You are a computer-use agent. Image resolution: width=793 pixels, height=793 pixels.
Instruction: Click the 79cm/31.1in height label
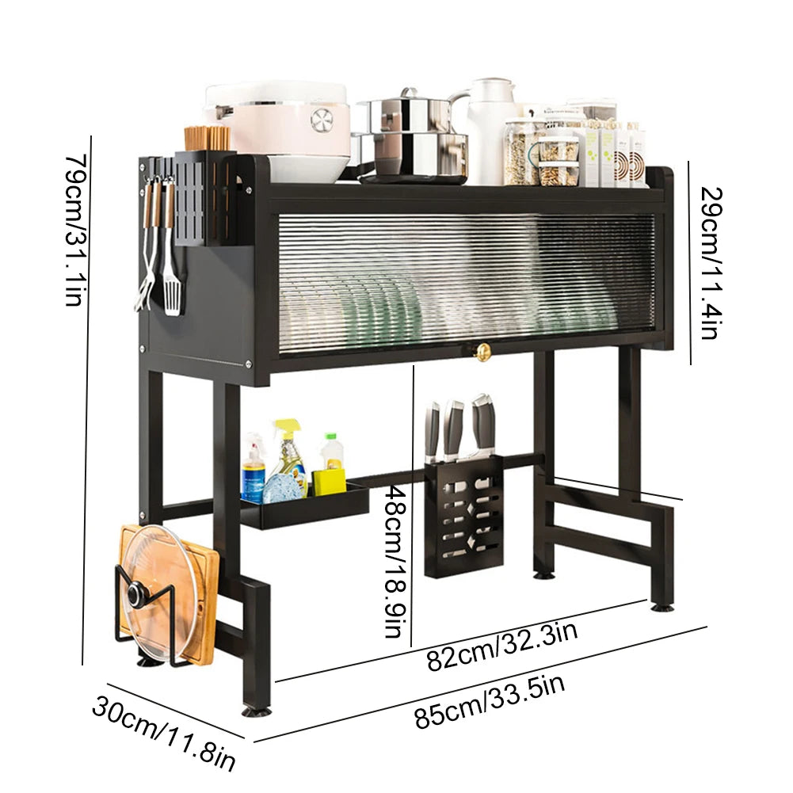tap(74, 230)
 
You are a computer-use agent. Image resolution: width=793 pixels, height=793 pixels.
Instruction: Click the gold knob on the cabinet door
tap(482, 353)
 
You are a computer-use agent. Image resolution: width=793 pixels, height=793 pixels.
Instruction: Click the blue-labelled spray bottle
tap(254, 471)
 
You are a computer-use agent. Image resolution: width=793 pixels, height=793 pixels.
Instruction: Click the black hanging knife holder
tap(463, 515)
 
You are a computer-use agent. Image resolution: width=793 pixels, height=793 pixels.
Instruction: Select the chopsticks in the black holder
tap(208, 138)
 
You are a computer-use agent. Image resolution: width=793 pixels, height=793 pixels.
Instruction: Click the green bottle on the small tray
tap(333, 456)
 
